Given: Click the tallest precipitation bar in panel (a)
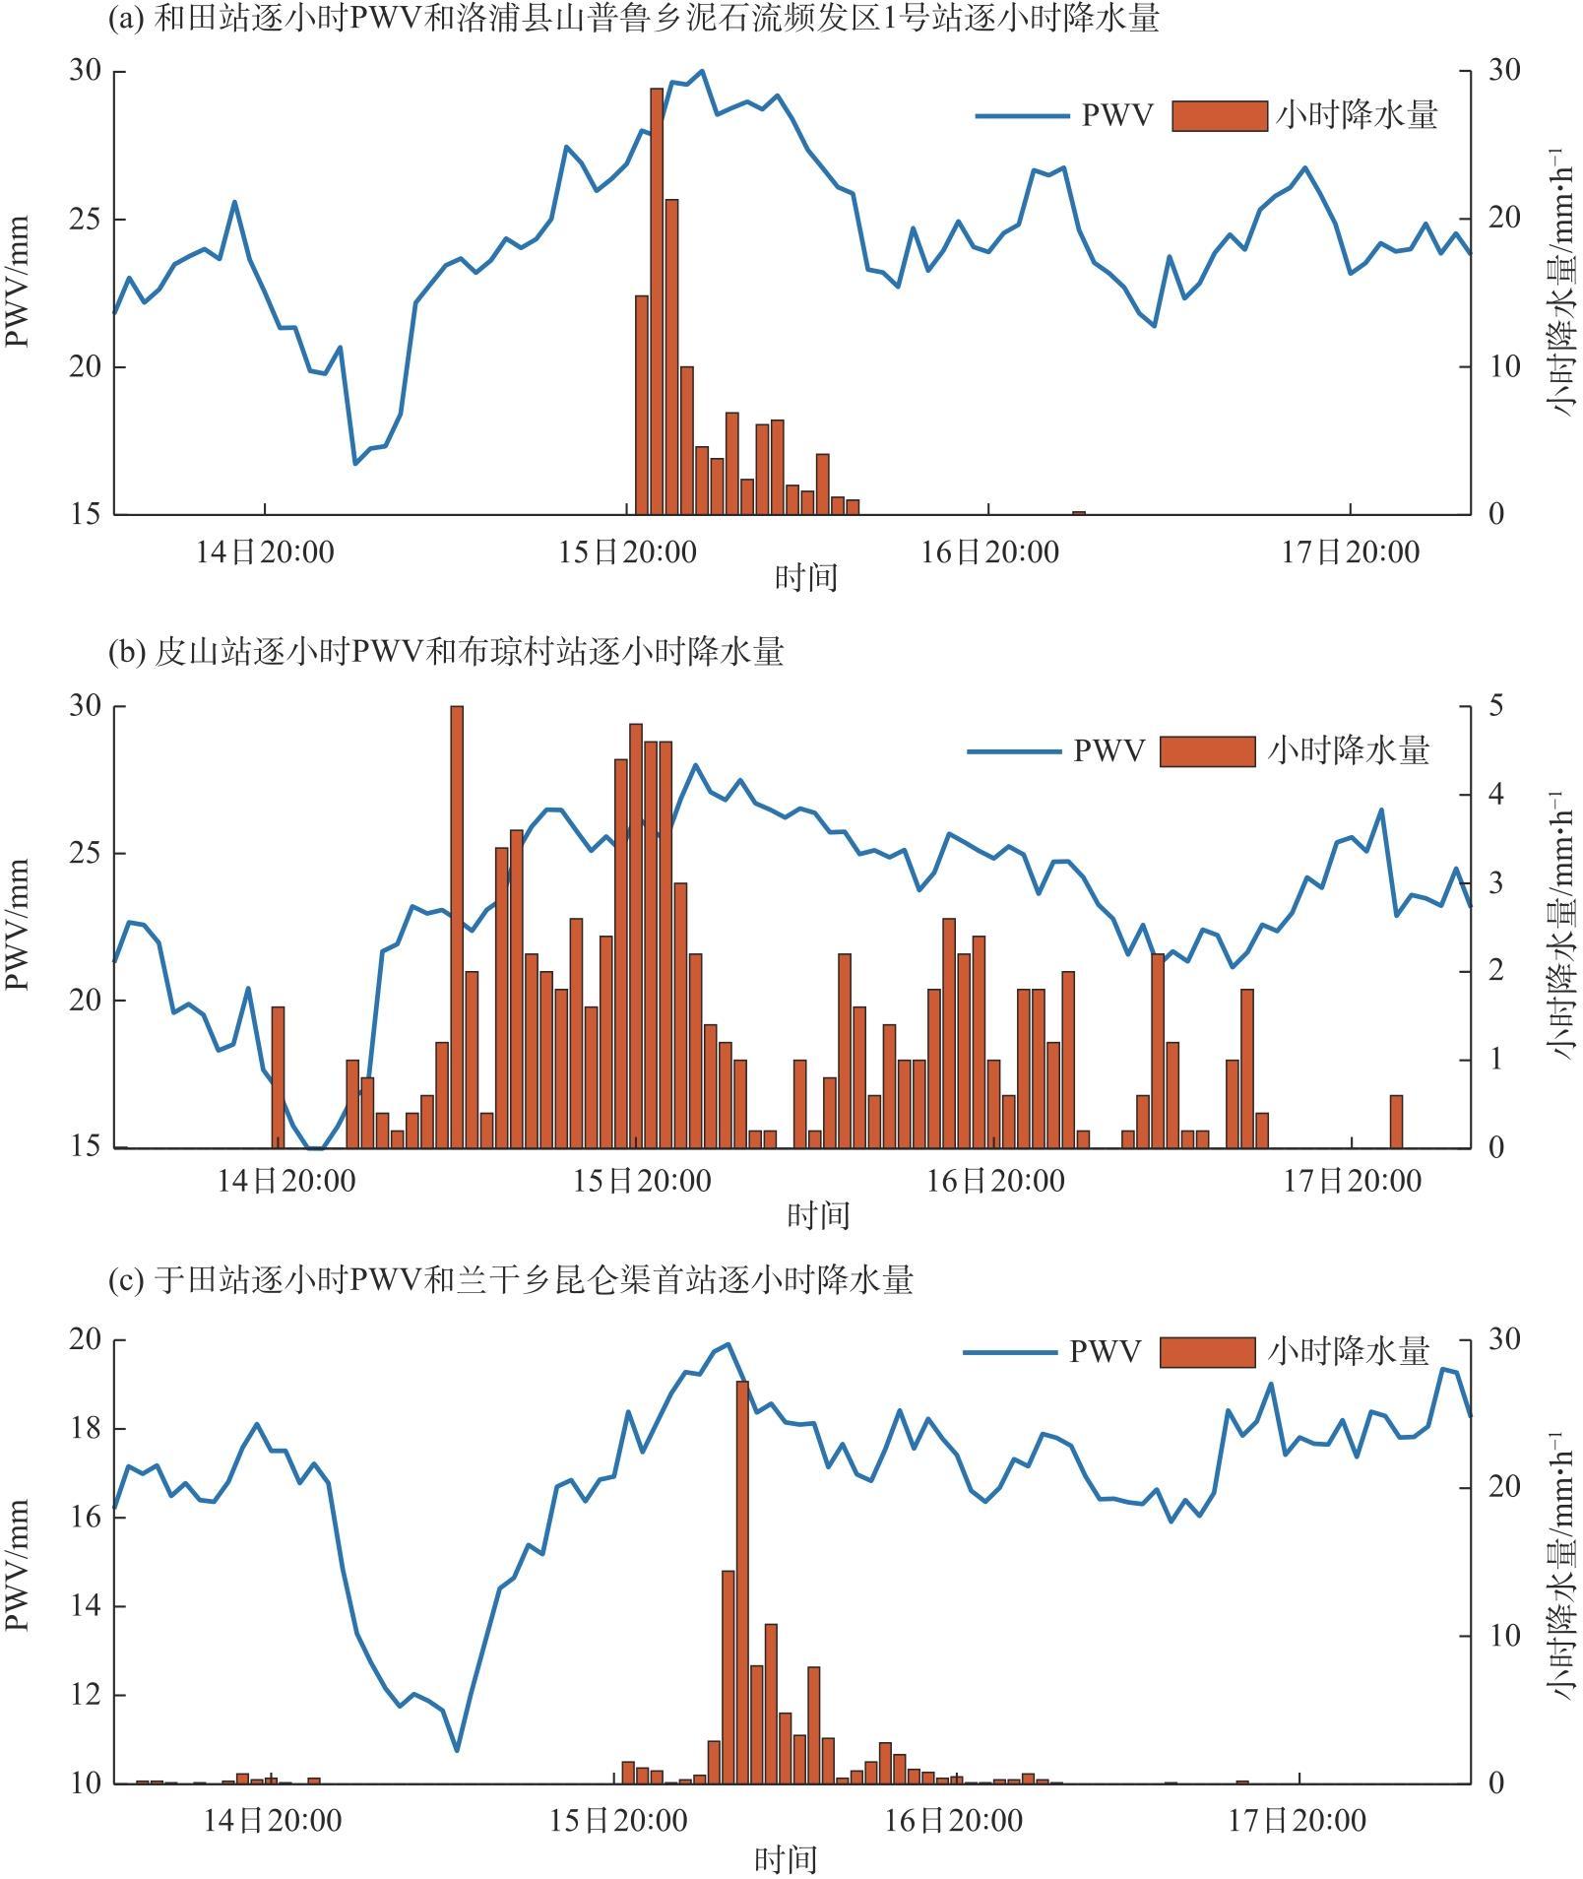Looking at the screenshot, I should tap(657, 300).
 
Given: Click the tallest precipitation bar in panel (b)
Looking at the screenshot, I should tap(457, 926).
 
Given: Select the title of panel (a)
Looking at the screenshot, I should tap(633, 19).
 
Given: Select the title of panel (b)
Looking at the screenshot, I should tap(446, 652).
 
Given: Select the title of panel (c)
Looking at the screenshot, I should tap(511, 1279).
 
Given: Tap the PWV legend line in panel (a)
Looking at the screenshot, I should tap(1022, 116).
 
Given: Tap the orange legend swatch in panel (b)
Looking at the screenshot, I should tap(1208, 751).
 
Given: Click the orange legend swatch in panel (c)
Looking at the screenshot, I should tap(1208, 1352).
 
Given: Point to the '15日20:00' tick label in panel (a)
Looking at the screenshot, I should tap(627, 551).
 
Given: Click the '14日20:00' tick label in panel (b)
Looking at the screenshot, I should tap(286, 1181).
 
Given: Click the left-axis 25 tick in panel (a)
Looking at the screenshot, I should tap(85, 220).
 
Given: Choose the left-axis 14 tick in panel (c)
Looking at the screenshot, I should tap(85, 1606).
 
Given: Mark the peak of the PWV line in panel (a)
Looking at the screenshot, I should tap(702, 71).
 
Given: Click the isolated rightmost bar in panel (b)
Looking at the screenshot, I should tap(1396, 1122).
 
